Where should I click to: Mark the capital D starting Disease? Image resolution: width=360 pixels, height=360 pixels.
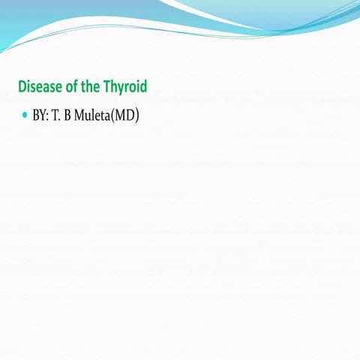click(x=22, y=87)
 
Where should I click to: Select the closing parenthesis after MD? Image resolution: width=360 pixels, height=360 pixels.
click(x=138, y=118)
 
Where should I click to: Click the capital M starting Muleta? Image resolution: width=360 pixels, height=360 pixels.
click(x=79, y=118)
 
